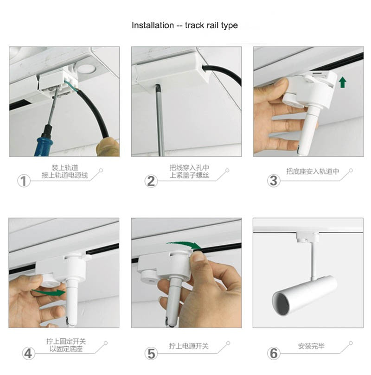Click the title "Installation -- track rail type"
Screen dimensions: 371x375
point(185,25)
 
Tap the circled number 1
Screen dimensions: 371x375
point(24,181)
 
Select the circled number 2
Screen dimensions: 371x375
point(151,181)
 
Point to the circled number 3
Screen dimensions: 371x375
point(274,181)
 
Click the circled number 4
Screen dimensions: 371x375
point(28,354)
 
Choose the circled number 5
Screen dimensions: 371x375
point(151,354)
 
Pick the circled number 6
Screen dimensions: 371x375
point(274,354)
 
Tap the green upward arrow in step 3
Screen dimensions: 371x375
point(343,82)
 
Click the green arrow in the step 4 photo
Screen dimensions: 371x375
point(49,292)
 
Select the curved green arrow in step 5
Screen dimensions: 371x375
point(184,245)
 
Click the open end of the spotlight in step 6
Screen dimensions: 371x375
point(281,304)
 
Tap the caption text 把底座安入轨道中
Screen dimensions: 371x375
point(313,172)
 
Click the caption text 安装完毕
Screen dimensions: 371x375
point(311,346)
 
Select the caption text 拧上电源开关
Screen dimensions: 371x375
point(189,346)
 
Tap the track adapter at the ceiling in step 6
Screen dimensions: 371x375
point(307,237)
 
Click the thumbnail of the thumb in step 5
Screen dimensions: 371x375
point(198,257)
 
